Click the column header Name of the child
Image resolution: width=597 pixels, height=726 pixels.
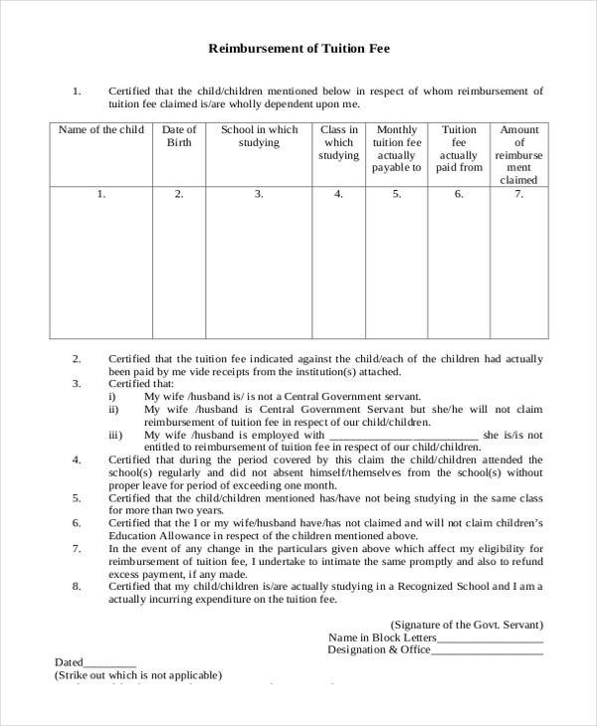[100, 130]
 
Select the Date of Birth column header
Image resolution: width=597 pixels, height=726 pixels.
[179, 136]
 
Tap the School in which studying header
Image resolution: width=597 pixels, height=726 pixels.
[259, 136]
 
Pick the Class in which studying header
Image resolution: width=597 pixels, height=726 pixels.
[338, 142]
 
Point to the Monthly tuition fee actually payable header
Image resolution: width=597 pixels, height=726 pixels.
[396, 149]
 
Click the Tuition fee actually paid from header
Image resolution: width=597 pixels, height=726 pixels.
[459, 149]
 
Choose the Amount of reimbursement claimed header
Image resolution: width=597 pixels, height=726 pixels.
[518, 155]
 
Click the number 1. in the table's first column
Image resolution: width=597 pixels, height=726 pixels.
[100, 195]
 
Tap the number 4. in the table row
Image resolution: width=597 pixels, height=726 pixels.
[338, 195]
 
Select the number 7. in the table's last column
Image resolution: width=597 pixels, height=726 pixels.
[518, 195]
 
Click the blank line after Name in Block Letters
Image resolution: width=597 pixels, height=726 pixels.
[491, 638]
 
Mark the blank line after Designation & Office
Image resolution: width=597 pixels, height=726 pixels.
[488, 651]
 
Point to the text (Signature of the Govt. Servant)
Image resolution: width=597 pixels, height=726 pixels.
[467, 625]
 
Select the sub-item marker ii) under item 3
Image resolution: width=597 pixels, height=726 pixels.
[113, 409]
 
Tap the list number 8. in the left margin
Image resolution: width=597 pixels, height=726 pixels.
[77, 587]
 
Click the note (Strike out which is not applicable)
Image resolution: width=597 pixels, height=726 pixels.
[138, 675]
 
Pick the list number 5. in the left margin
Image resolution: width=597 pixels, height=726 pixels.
[77, 497]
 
